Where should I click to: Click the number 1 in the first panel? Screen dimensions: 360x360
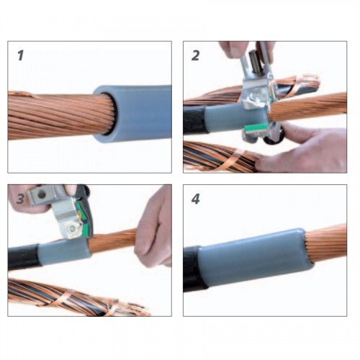21,55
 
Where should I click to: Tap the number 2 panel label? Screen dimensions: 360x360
195,55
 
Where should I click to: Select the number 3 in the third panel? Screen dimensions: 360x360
20,199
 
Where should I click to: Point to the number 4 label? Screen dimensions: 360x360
195,199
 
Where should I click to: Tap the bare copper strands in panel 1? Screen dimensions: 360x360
60,117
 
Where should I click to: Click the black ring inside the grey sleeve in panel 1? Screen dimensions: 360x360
111,114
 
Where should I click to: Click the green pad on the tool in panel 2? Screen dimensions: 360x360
256,129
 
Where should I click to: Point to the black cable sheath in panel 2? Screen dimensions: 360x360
194,121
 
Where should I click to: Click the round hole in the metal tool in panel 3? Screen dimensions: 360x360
42,194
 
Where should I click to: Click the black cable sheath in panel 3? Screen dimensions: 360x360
24,258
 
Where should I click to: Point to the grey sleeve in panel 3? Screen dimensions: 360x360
64,252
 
